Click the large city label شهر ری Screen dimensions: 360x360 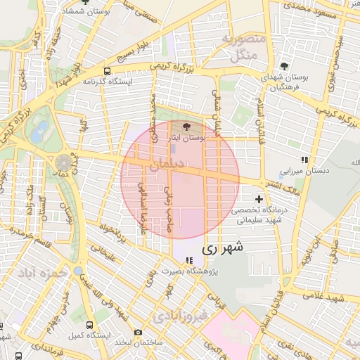coord(223,247)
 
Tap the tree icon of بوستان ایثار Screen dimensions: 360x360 coord(186,128)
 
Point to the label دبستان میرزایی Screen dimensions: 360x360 coord(300,171)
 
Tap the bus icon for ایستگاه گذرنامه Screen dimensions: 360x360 coord(107,71)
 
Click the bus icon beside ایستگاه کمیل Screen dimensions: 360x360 coord(89,325)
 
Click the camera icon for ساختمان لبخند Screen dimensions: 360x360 coord(139,332)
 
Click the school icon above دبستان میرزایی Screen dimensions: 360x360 coord(304,160)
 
